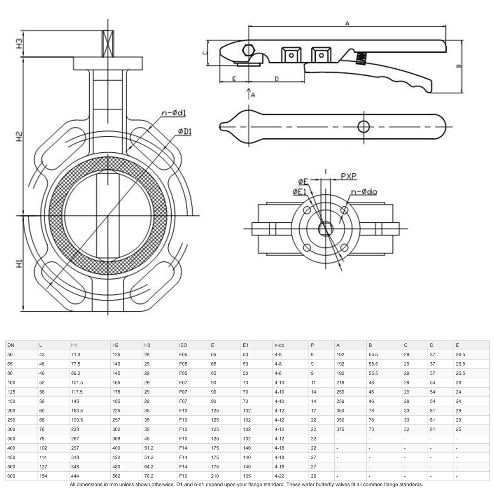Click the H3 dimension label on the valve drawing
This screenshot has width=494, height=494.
19,44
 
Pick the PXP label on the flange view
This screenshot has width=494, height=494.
348,176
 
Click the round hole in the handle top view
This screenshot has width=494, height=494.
364,126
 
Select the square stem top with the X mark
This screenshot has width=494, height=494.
107,44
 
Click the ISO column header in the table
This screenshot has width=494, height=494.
183,345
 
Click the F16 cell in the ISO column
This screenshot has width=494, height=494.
183,476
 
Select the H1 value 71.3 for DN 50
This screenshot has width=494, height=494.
77,354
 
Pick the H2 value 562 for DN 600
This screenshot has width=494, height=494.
116,476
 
